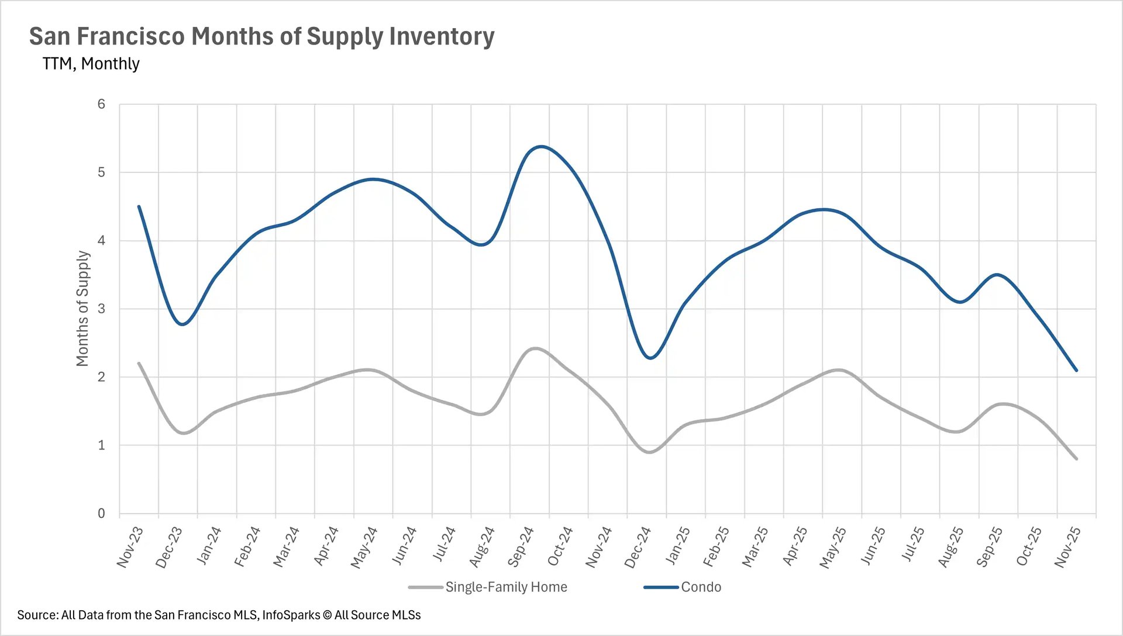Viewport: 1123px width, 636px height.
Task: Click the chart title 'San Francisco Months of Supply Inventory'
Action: pos(261,36)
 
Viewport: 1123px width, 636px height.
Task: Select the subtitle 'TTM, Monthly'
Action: pos(91,63)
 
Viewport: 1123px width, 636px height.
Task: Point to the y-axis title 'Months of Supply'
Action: pos(82,309)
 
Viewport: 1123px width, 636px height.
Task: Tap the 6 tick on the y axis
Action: pos(101,104)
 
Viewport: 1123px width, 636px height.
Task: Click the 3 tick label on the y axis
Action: pos(101,309)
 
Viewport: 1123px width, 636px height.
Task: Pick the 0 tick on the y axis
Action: pos(101,513)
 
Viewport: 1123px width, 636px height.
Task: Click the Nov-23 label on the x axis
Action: pos(130,547)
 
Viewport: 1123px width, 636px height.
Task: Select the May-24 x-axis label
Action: pos(364,547)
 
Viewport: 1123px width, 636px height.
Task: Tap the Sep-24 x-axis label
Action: pos(521,547)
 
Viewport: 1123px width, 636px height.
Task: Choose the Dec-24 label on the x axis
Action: pos(638,547)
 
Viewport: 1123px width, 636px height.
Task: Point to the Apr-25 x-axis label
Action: pos(794,547)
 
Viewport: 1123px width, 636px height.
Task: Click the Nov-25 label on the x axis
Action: pos(1067,547)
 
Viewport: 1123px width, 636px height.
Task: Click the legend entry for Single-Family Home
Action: pos(506,587)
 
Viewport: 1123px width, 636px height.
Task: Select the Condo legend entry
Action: pos(701,587)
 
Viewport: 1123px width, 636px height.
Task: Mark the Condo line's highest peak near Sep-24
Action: pos(541,146)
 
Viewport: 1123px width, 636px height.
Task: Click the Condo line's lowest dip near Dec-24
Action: pos(650,358)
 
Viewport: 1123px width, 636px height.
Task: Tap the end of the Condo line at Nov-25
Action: pos(1076,370)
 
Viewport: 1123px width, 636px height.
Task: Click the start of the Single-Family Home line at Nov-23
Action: pos(139,363)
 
